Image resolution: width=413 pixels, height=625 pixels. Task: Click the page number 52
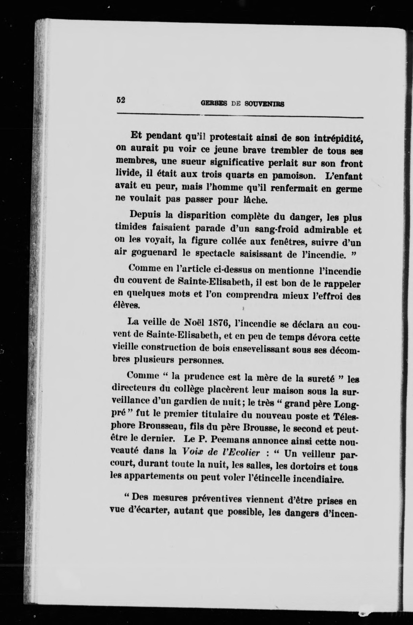pos(120,100)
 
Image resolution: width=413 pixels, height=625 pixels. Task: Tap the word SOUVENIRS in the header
pos(264,104)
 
